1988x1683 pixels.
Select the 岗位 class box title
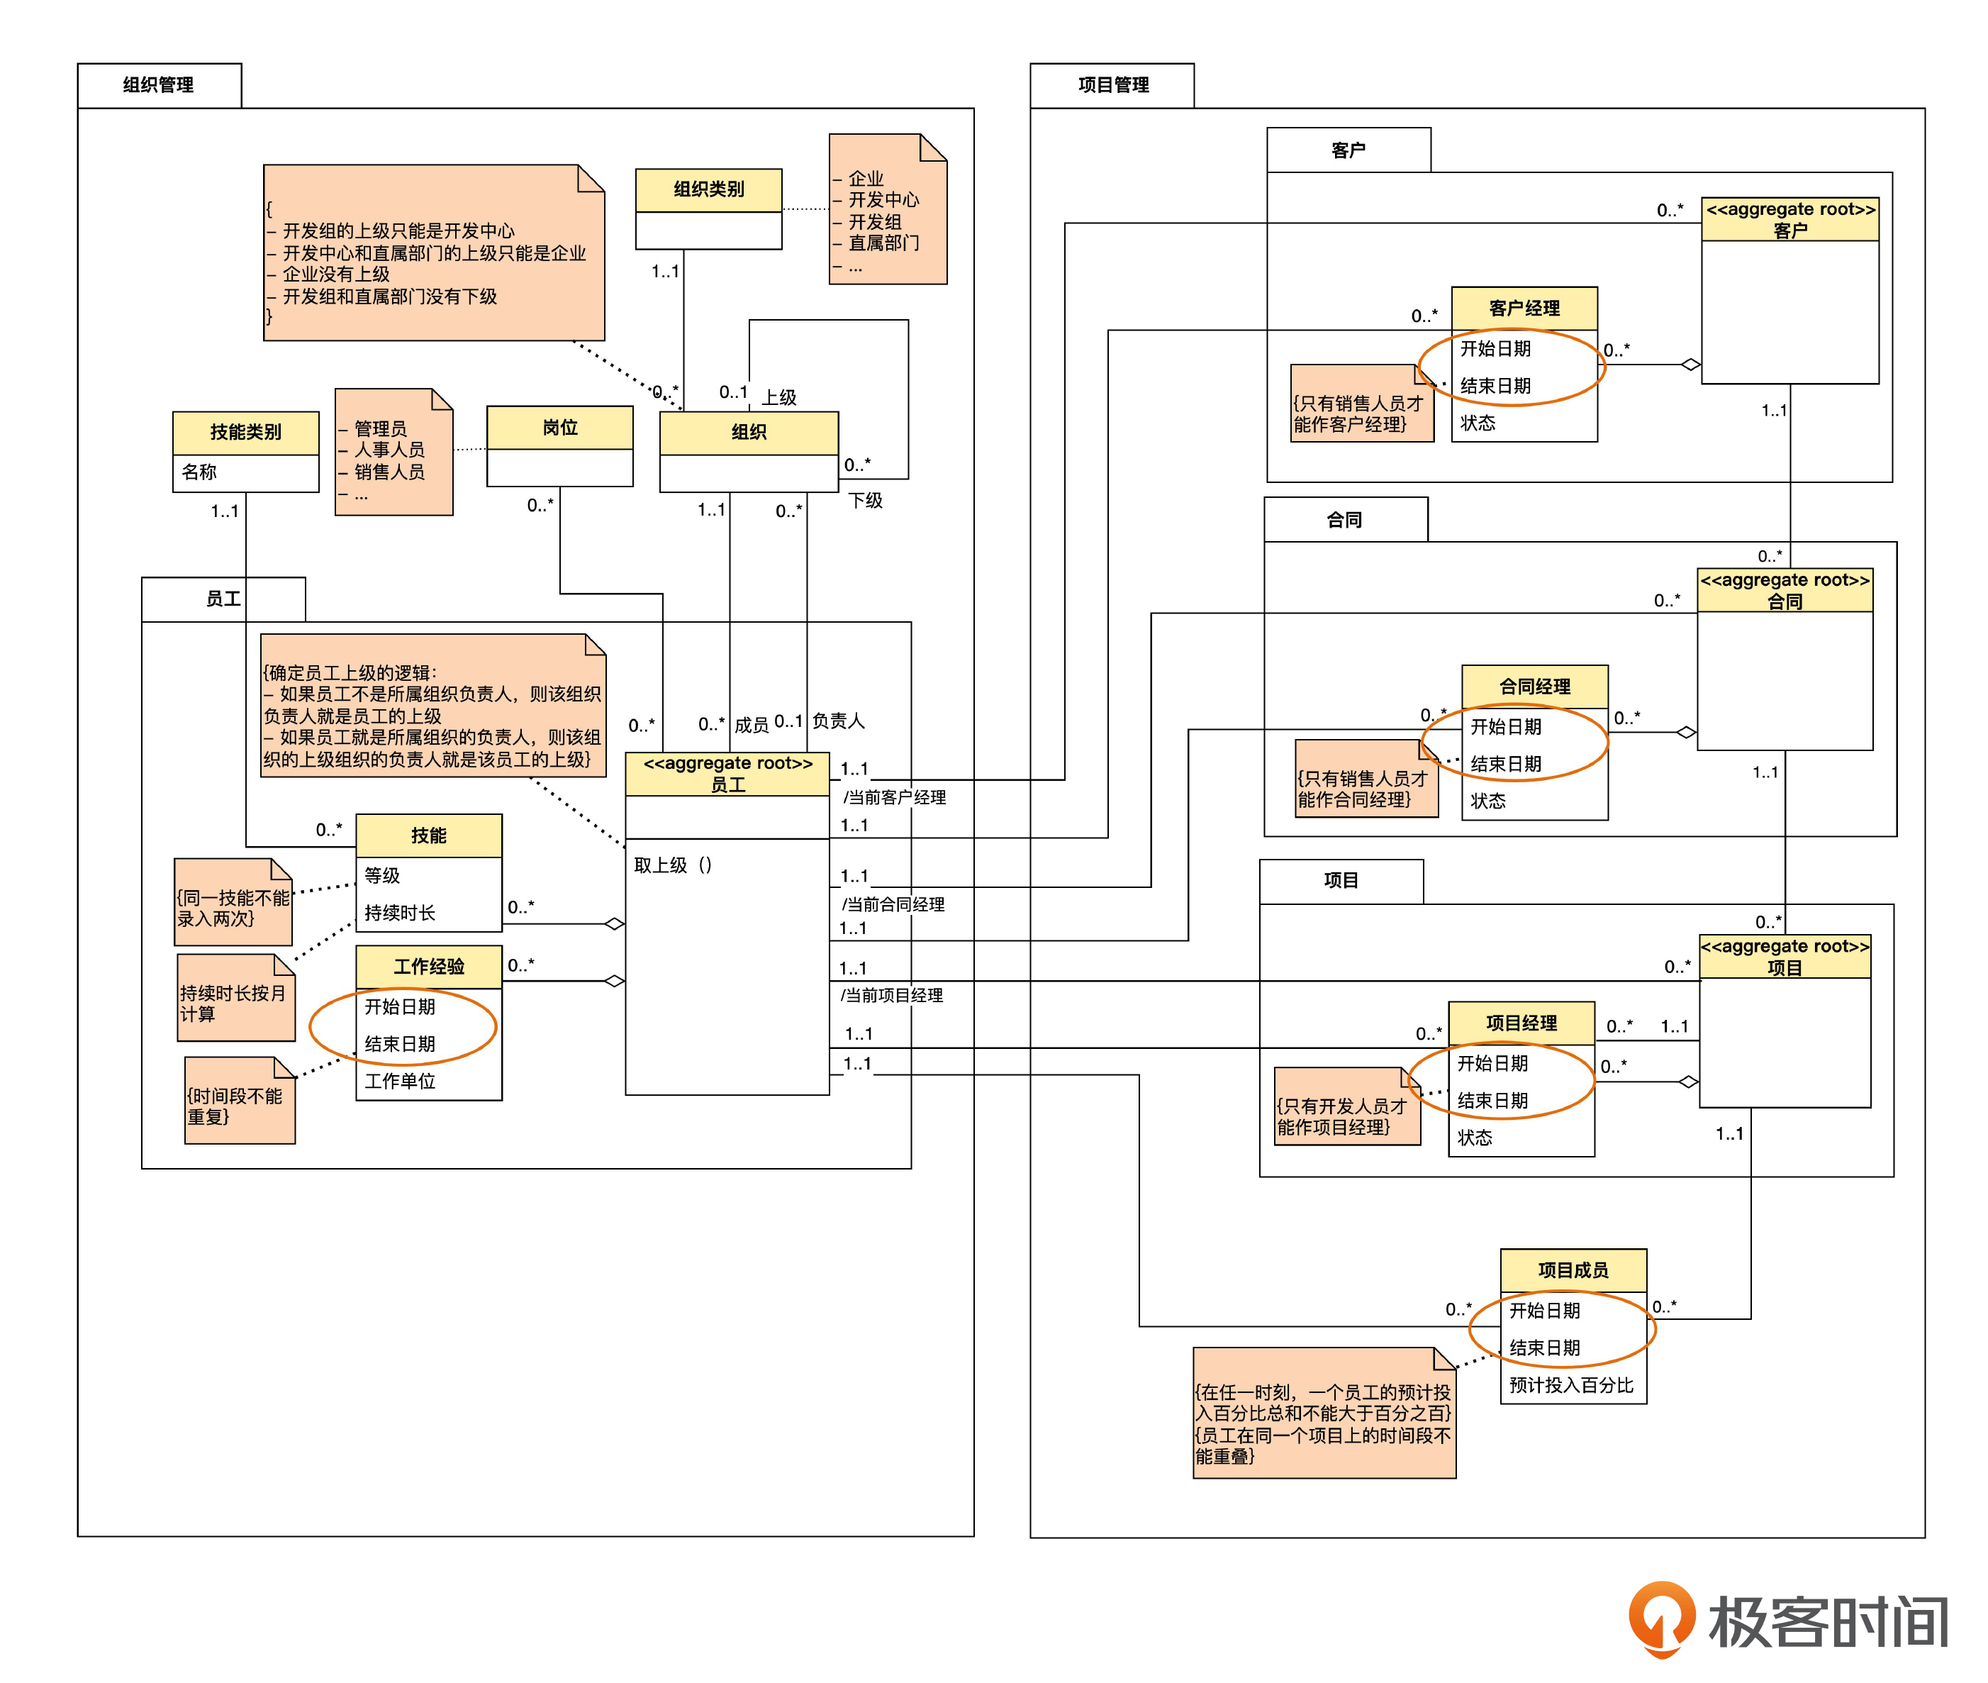point(560,428)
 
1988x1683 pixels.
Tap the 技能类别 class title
point(245,432)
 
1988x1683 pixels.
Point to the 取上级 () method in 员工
point(673,865)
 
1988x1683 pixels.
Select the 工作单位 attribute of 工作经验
point(400,1081)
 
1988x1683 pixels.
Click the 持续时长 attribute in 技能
point(400,913)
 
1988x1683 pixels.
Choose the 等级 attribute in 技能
point(383,875)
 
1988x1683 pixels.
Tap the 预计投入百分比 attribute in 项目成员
point(1570,1385)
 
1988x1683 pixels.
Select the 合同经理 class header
point(1534,686)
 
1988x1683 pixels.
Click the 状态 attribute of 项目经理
point(1474,1138)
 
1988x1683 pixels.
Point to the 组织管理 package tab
point(158,85)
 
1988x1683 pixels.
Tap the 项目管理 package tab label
point(1112,85)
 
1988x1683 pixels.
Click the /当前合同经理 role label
point(893,904)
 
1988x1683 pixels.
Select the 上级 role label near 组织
point(778,397)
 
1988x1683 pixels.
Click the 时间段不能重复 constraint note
point(238,1106)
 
